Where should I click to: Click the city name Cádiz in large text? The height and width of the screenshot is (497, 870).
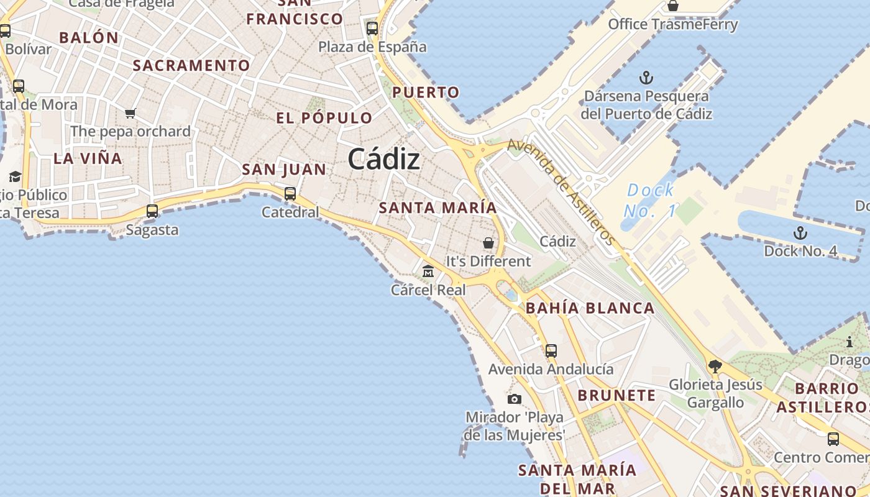383,160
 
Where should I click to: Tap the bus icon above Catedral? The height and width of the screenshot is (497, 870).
290,193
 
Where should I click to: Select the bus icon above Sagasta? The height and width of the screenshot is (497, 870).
152,211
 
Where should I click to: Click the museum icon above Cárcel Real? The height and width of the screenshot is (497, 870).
428,271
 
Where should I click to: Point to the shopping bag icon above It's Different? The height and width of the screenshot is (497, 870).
488,242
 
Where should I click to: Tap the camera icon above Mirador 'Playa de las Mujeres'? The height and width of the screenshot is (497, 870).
515,399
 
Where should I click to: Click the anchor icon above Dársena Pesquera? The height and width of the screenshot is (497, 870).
646,78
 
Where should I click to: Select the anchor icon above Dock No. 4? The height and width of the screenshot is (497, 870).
800,233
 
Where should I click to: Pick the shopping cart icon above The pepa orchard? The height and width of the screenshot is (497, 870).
130,113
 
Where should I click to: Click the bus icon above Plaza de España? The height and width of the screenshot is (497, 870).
372,28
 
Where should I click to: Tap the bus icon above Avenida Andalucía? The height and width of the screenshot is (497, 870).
551,350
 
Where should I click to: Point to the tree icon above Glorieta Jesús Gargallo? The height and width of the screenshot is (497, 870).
715,366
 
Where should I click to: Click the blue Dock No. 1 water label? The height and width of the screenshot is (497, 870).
650,200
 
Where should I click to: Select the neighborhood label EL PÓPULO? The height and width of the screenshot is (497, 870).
324,118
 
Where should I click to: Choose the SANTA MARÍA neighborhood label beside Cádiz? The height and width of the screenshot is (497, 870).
438,207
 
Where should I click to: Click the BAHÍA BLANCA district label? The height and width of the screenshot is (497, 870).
590,308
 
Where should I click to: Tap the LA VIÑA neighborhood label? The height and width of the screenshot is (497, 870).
88,158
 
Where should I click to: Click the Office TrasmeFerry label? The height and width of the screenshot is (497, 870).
672,24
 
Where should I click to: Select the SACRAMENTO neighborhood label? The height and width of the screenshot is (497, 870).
191,65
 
